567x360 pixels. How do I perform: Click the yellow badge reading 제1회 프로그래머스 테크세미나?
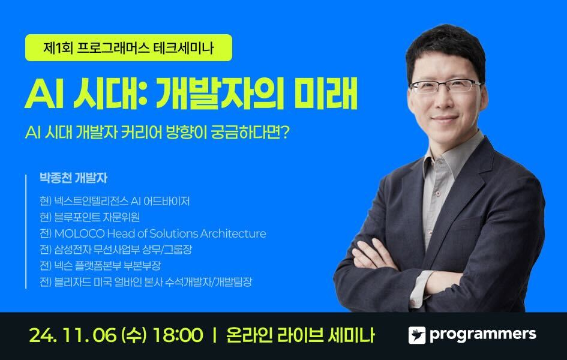click(128, 48)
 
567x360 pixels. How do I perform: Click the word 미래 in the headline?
click(325, 93)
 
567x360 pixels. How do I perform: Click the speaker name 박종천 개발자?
click(73, 178)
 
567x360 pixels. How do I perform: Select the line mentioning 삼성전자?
click(116, 250)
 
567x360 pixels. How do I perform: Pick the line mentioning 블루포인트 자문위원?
click(89, 217)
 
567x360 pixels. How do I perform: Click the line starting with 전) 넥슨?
click(100, 266)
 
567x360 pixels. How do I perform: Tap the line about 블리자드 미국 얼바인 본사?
click(146, 281)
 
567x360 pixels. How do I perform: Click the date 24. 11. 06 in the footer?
click(73, 335)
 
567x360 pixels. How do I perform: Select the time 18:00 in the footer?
click(178, 335)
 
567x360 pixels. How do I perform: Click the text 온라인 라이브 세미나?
click(300, 335)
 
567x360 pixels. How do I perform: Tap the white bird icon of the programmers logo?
click(417, 335)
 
